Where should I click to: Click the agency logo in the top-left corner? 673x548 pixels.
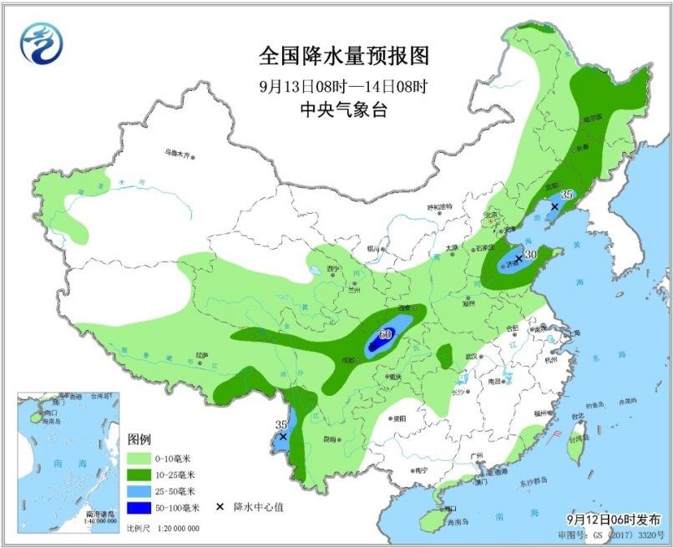point(42,43)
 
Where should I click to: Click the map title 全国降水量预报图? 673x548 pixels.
point(343,56)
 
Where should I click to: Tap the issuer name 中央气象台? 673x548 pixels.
point(343,109)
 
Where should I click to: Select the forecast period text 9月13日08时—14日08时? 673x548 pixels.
point(343,85)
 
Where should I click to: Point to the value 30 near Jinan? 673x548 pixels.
point(529,255)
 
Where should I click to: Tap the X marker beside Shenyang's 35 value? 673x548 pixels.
point(554,206)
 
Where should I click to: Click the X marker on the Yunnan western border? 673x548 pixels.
point(283,436)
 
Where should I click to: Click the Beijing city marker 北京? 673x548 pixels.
point(491,216)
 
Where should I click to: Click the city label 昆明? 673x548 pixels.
point(331,437)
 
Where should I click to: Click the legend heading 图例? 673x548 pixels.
point(139,439)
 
